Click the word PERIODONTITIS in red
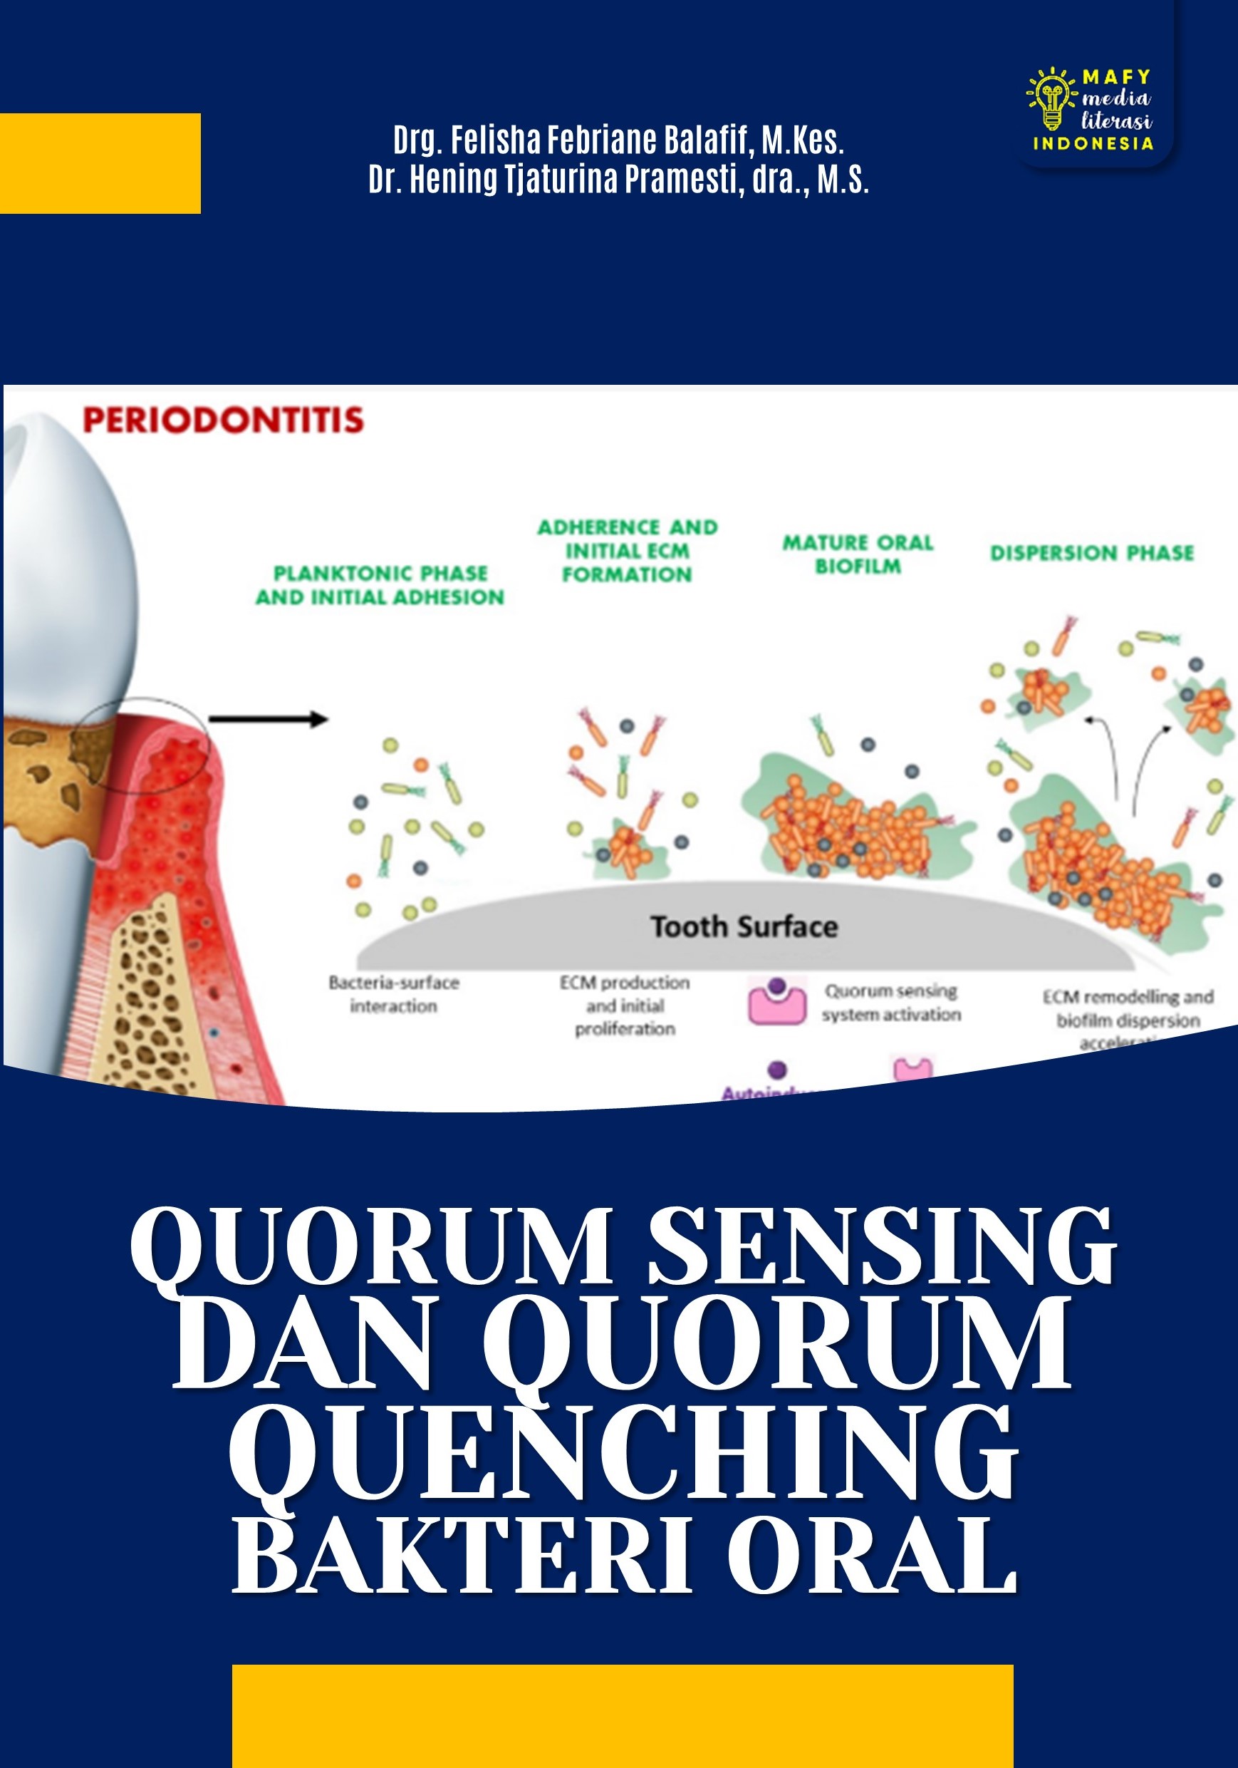(x=223, y=420)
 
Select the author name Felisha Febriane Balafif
(x=618, y=140)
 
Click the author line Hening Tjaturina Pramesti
(x=618, y=180)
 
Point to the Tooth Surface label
(x=744, y=926)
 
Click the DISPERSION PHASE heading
(x=1092, y=553)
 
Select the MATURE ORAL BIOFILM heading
(x=858, y=554)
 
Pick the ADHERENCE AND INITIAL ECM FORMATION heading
(x=627, y=551)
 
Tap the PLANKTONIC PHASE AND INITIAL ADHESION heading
(x=380, y=585)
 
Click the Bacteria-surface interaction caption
(x=393, y=994)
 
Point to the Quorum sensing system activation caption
(x=891, y=1003)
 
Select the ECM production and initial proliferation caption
(x=625, y=1006)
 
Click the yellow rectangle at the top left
(x=100, y=163)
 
